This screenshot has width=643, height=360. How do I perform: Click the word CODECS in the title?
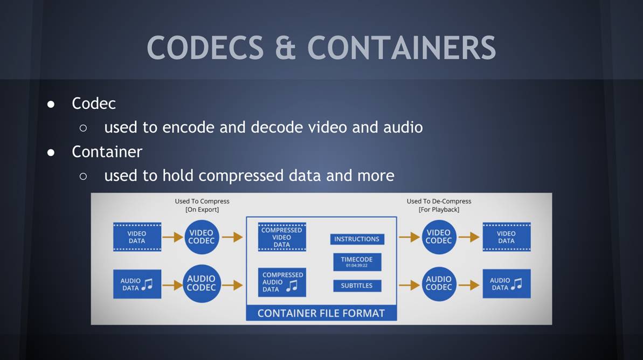pos(205,47)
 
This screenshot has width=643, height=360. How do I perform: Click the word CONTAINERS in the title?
pos(402,47)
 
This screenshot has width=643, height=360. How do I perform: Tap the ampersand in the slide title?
pos(286,47)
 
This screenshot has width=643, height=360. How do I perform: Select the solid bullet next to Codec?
pos(51,104)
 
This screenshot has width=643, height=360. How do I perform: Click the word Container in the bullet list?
pos(107,152)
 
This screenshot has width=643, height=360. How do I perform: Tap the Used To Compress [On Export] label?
pos(202,205)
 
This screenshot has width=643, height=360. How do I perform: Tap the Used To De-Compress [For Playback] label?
pos(439,205)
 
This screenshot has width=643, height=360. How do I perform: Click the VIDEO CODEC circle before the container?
pos(202,237)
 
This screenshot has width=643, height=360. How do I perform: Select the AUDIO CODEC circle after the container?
pos(439,283)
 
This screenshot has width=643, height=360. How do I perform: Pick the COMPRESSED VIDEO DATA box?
pos(282,237)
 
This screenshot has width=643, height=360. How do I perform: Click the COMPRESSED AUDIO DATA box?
pos(282,282)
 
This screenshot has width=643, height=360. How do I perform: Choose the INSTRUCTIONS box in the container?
pos(357,239)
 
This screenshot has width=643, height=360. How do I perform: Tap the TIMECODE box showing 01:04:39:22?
pos(357,261)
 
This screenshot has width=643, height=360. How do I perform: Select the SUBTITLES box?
pos(357,286)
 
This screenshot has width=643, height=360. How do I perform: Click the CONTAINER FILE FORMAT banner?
pos(321,313)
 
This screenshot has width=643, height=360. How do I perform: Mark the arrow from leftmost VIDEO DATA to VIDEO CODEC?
pos(172,237)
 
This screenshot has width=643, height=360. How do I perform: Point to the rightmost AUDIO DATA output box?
pos(506,283)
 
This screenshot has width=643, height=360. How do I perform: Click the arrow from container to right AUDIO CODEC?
pos(409,285)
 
